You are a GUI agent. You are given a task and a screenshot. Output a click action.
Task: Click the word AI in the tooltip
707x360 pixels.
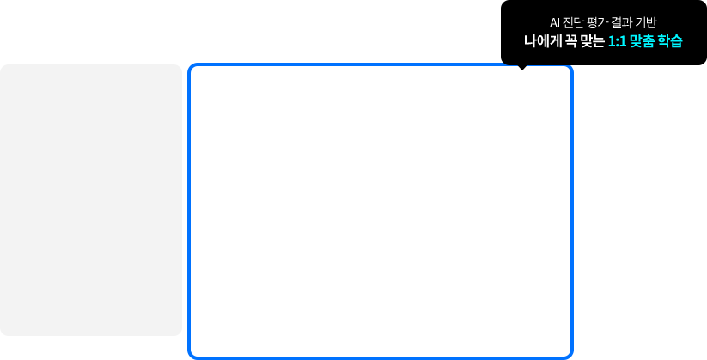(x=555, y=22)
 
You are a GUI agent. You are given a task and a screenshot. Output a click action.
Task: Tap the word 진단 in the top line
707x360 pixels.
(x=573, y=22)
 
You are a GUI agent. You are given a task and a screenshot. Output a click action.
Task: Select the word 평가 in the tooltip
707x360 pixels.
(x=598, y=22)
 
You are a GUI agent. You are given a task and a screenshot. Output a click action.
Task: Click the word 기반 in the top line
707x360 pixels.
(x=646, y=22)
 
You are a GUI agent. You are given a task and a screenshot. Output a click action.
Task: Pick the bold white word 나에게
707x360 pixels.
(x=542, y=41)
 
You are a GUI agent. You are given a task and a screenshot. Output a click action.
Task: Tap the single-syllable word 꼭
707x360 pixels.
(x=570, y=41)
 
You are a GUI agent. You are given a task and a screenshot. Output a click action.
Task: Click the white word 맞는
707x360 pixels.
(x=591, y=41)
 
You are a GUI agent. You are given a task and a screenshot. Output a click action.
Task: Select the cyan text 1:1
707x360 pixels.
(x=617, y=41)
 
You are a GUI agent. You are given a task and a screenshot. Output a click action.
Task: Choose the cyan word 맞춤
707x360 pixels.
(x=642, y=41)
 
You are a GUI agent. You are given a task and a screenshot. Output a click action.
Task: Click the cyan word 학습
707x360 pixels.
(x=670, y=41)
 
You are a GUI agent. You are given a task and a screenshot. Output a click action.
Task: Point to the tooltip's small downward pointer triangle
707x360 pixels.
(x=522, y=68)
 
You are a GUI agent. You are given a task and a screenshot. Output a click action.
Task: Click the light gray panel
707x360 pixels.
(x=90, y=199)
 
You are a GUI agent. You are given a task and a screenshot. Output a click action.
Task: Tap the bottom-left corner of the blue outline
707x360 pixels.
(x=191, y=355)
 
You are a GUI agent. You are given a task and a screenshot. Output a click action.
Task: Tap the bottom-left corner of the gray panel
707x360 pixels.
(x=3, y=333)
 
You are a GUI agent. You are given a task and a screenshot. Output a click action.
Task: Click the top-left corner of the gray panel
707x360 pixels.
(x=3, y=67)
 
